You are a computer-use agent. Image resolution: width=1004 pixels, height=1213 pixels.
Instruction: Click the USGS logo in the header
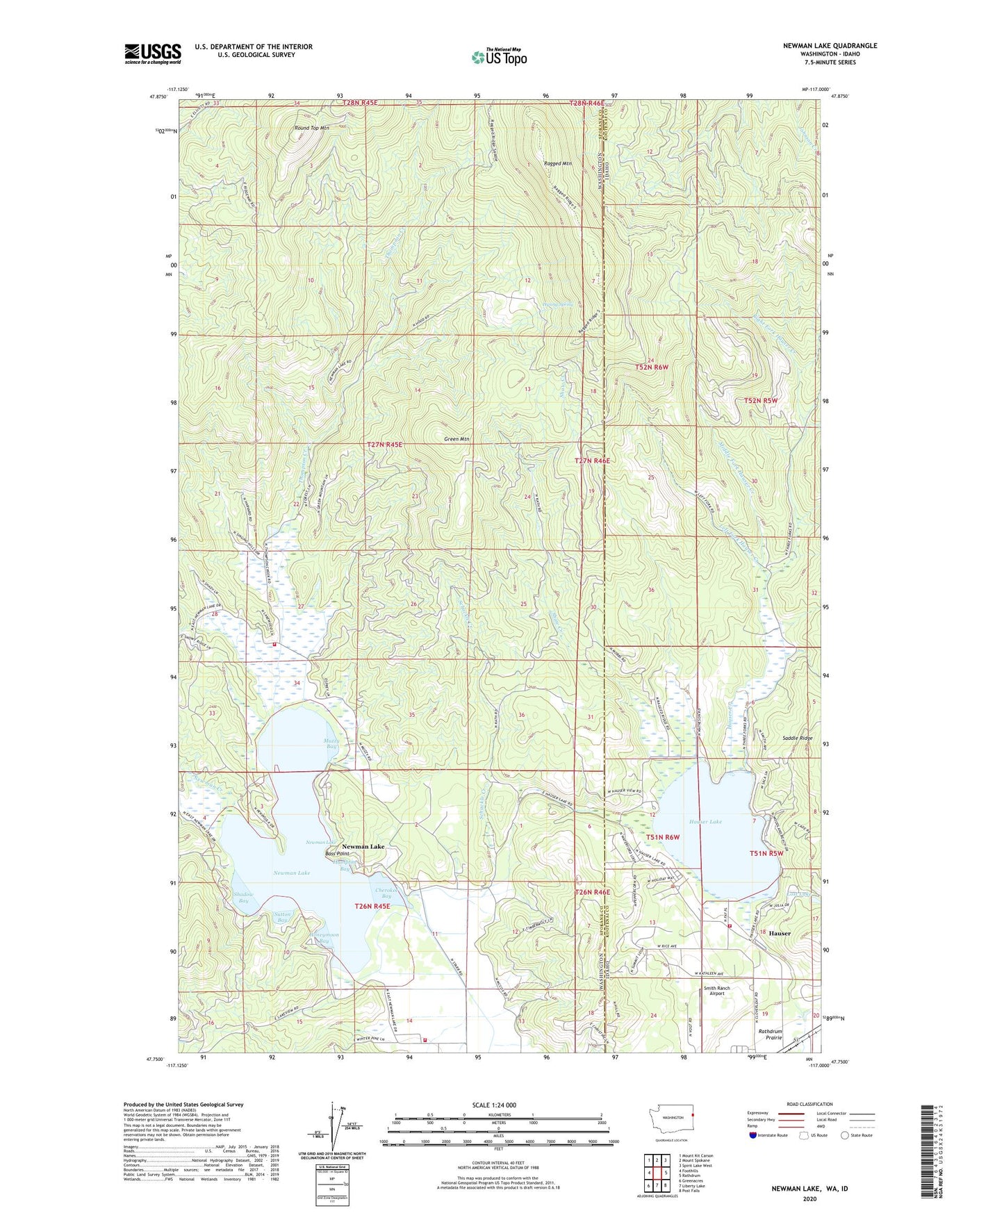click(x=153, y=53)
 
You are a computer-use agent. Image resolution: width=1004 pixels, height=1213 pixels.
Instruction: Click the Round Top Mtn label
click(x=311, y=129)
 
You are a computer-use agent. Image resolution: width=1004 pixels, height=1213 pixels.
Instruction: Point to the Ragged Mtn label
click(x=557, y=164)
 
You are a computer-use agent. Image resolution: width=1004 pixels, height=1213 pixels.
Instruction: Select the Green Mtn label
click(x=456, y=439)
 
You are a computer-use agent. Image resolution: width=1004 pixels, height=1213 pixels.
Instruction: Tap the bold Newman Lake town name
click(x=363, y=846)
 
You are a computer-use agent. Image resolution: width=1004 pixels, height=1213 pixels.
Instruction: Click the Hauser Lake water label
click(x=705, y=821)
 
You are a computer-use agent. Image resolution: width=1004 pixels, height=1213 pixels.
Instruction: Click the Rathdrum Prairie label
click(x=770, y=1034)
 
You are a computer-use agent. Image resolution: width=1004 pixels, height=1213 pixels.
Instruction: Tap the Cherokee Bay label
click(x=386, y=893)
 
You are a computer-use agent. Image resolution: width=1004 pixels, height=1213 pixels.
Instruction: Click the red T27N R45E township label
click(x=384, y=444)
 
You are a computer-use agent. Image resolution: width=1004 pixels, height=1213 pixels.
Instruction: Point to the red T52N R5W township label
click(x=761, y=401)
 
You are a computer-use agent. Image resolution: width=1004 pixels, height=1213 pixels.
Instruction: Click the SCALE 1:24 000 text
click(x=493, y=1105)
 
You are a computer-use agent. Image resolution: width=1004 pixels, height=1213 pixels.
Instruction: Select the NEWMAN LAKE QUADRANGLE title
click(x=830, y=46)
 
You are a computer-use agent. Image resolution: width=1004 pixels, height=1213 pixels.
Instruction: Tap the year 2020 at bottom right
click(x=809, y=1198)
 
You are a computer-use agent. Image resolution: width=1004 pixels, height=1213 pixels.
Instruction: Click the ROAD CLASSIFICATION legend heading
click(x=809, y=1104)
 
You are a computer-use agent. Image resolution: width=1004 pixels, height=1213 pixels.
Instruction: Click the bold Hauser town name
click(x=779, y=933)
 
